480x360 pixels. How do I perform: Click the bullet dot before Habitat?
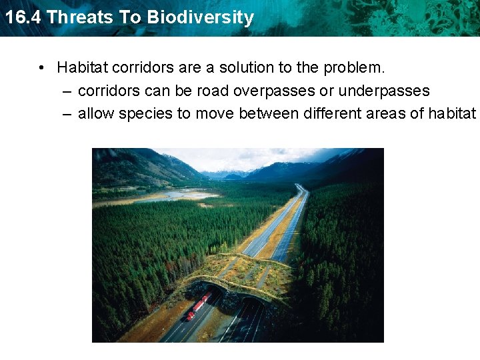pos(41,68)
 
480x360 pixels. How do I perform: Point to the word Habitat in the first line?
pos(82,67)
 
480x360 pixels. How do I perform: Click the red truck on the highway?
pos(199,305)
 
